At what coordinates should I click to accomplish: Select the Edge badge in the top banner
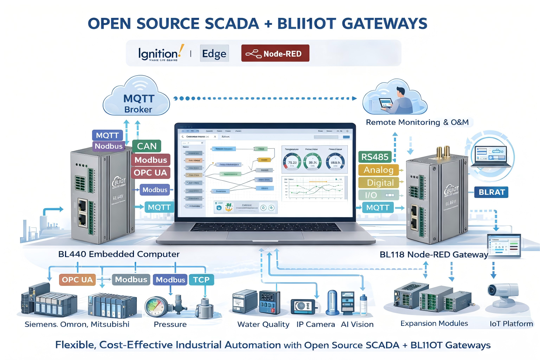tap(214, 53)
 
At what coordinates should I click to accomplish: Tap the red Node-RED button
tap(275, 53)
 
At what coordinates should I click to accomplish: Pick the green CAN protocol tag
tap(147, 146)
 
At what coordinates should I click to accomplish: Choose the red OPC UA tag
tap(150, 173)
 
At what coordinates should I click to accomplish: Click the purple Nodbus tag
tap(109, 146)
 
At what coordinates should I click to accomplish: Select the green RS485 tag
tap(375, 157)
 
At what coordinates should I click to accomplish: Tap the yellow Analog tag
tap(378, 170)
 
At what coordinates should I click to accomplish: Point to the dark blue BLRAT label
tap(491, 192)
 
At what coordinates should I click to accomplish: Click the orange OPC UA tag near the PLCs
tap(77, 280)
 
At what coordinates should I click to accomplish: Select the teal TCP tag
tap(201, 280)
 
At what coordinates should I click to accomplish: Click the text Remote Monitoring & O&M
tap(417, 122)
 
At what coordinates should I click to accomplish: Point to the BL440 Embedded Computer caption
tap(119, 254)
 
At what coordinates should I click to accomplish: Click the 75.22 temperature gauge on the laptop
tap(292, 162)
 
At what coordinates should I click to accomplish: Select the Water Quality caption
tap(263, 324)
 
